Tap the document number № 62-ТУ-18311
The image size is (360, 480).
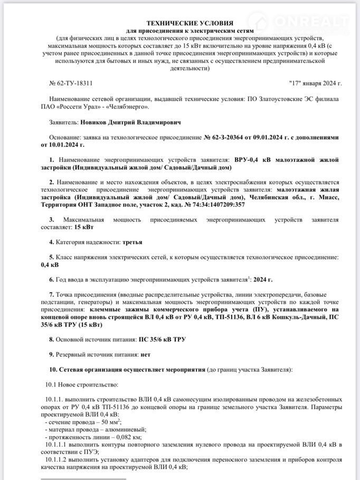[71, 83]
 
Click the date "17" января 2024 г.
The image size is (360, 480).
[316, 83]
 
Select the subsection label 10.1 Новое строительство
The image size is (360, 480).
[82, 385]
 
